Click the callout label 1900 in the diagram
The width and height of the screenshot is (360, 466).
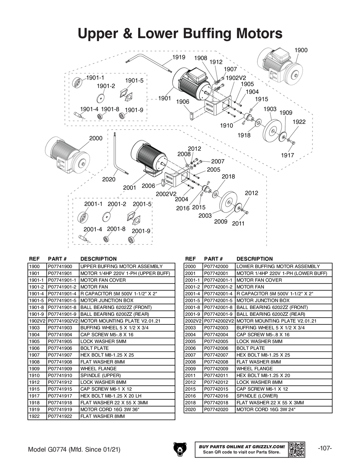[301, 50]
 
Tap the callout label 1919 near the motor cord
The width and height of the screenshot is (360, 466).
[179, 57]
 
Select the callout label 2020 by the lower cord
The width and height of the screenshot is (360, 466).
[109, 179]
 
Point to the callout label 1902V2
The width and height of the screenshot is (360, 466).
[236, 77]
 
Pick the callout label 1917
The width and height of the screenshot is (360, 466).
[288, 155]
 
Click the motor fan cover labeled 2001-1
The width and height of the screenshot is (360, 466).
[83, 217]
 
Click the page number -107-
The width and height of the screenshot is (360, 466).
[325, 448]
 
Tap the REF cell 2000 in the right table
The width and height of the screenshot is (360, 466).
[190, 266]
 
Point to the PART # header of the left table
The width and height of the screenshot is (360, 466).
[58, 259]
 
